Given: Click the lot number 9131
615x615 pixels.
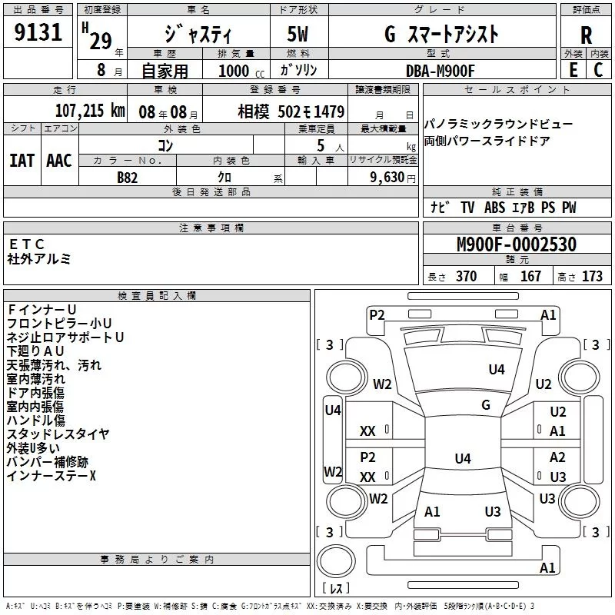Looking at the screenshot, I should [x=38, y=33].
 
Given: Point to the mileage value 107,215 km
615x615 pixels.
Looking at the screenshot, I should [x=90, y=111].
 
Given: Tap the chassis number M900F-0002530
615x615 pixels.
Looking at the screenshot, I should [x=516, y=245].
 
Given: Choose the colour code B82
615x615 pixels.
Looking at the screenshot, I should [x=128, y=177].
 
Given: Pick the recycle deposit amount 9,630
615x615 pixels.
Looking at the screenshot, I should [x=387, y=177].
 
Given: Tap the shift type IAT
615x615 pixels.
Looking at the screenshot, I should [x=22, y=160].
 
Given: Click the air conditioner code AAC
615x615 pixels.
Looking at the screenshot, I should [x=59, y=160].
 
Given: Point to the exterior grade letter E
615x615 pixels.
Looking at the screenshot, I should [x=572, y=70].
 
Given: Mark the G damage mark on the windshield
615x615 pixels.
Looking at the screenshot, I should [x=485, y=405].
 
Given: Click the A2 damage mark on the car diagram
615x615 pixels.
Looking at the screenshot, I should [x=557, y=457].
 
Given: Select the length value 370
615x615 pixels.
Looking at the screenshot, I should [x=466, y=277].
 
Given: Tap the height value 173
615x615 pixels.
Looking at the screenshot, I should [x=592, y=277].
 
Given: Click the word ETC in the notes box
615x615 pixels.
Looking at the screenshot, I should [x=27, y=244].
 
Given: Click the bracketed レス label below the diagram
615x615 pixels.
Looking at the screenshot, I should [x=336, y=590].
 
